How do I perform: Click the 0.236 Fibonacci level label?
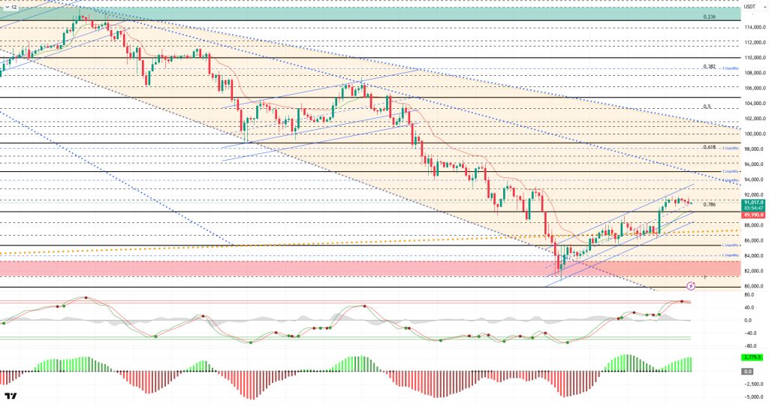pos(708,17)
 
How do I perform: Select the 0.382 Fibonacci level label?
pos(708,67)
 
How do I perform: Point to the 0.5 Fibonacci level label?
pos(707,107)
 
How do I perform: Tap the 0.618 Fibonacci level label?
pos(708,147)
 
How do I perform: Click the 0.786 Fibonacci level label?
pos(709,204)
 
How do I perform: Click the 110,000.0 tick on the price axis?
pos(754,57)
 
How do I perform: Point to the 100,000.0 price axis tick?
pos(754,134)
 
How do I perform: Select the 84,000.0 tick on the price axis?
pos(754,256)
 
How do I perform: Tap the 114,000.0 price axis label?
pos(754,27)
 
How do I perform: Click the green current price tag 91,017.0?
pos(754,202)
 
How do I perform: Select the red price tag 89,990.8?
pos(754,214)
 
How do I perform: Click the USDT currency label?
pos(749,7)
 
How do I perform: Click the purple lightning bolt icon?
pos(690,286)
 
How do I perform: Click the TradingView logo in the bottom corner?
pos(11,396)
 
